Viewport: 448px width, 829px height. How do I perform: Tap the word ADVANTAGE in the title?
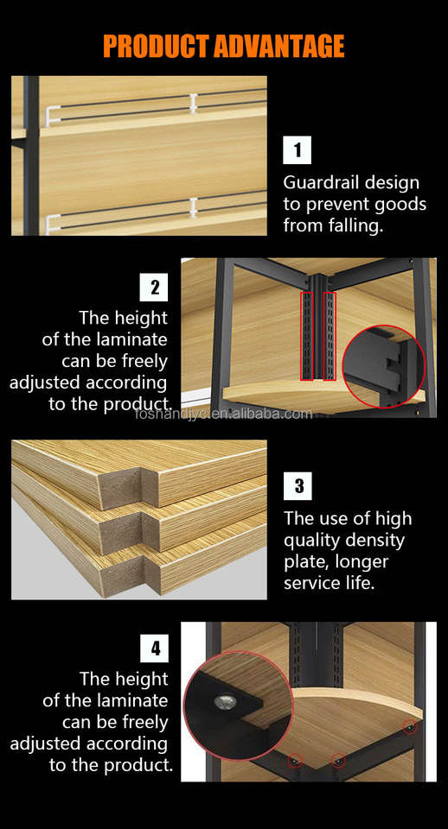point(279,46)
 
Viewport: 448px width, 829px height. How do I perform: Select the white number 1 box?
point(297,150)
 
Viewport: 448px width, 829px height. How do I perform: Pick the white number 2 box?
point(154,287)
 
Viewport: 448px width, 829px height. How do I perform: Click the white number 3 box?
point(298,486)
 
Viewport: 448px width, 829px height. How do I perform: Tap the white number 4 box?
point(154,649)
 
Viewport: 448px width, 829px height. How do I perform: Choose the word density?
point(375,541)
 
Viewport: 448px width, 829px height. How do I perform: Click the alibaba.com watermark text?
point(223,414)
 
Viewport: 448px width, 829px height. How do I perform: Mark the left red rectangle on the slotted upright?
point(307,336)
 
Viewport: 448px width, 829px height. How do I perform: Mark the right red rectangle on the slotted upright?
point(330,336)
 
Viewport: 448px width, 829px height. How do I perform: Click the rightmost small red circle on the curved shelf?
point(409,727)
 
